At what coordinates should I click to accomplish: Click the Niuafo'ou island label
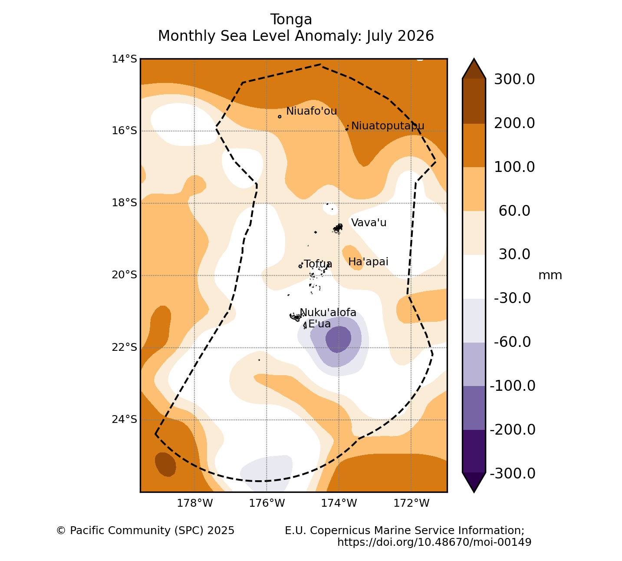(311, 111)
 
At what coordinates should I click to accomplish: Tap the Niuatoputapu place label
(388, 126)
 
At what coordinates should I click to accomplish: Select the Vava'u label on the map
(369, 223)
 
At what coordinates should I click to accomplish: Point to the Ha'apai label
(368, 262)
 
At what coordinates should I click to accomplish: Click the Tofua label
(318, 264)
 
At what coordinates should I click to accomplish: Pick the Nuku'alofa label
(328, 313)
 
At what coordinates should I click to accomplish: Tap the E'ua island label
(319, 324)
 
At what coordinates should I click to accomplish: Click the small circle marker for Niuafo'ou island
(280, 117)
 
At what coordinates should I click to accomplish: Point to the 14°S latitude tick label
(124, 59)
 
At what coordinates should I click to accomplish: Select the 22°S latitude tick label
(124, 347)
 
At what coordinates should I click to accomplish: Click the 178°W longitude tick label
(195, 503)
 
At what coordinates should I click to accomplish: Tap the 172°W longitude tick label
(411, 503)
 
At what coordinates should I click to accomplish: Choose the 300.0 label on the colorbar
(514, 79)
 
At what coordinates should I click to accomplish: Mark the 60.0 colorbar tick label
(514, 211)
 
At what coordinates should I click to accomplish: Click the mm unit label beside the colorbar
(550, 276)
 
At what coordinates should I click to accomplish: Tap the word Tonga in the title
(291, 20)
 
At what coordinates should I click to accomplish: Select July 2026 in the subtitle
(400, 36)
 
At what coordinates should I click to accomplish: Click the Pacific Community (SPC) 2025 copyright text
(145, 531)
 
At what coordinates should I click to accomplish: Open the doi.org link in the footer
(434, 542)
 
